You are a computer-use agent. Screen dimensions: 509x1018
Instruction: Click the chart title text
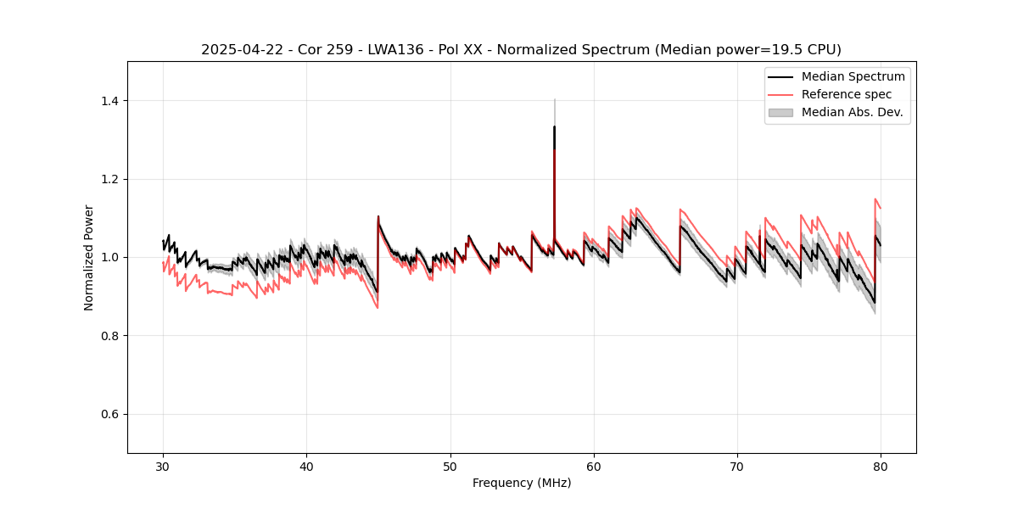point(521,50)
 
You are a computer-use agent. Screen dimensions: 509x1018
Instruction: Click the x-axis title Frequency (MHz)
point(522,483)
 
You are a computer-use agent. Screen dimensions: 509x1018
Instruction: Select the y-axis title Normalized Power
point(89,257)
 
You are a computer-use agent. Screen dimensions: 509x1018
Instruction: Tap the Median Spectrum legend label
point(853,76)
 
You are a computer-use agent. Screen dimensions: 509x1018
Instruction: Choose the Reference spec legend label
point(847,94)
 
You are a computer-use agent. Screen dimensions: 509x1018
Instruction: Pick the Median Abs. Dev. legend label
point(852,112)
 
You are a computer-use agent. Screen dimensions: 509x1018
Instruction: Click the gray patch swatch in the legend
point(780,112)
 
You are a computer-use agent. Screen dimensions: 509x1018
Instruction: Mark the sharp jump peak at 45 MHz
point(378,216)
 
